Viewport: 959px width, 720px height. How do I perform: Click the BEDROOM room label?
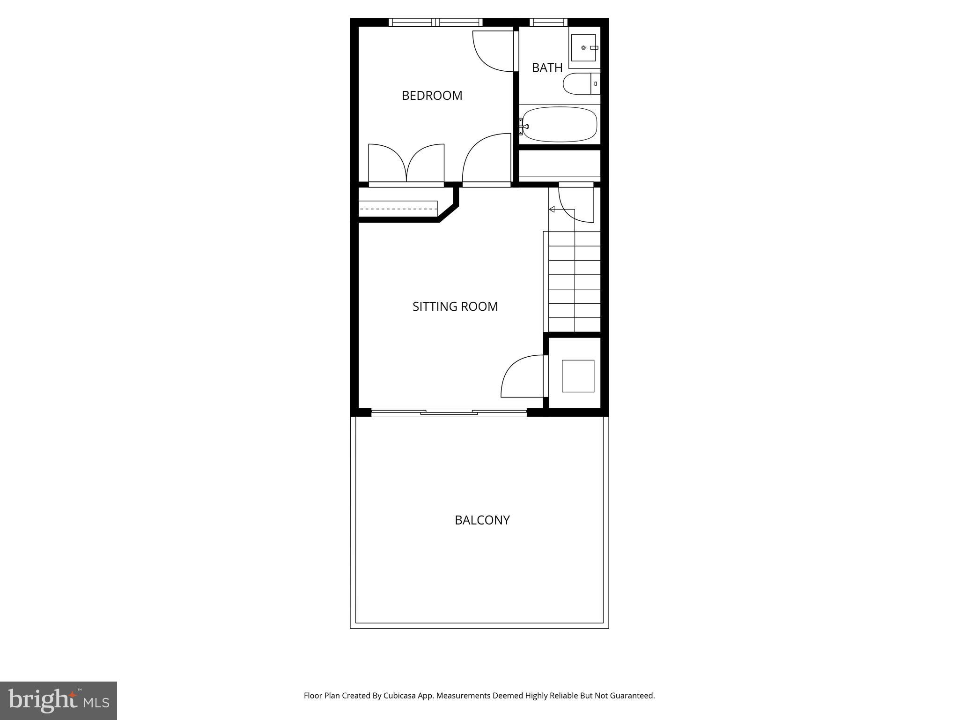(x=432, y=96)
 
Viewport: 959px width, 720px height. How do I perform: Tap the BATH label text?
(x=547, y=68)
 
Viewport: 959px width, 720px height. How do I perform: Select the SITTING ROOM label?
(x=455, y=307)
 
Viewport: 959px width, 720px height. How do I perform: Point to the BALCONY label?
(x=482, y=520)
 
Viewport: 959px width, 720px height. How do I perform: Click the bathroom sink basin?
(x=583, y=48)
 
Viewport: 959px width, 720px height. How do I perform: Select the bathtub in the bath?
(x=560, y=125)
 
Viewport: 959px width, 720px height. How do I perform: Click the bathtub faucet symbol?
(x=524, y=126)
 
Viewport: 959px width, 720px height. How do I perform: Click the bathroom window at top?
(x=548, y=22)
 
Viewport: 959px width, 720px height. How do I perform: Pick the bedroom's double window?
(x=435, y=22)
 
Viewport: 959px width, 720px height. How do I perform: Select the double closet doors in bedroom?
(x=406, y=164)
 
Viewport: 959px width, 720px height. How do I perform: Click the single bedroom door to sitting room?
(x=487, y=159)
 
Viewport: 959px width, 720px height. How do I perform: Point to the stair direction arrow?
(x=552, y=209)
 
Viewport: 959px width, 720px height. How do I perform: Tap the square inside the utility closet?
(x=578, y=376)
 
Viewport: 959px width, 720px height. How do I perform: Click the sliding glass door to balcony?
(x=449, y=412)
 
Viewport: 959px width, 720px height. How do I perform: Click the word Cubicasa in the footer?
(x=400, y=696)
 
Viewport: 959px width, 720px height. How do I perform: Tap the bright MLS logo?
(x=58, y=700)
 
